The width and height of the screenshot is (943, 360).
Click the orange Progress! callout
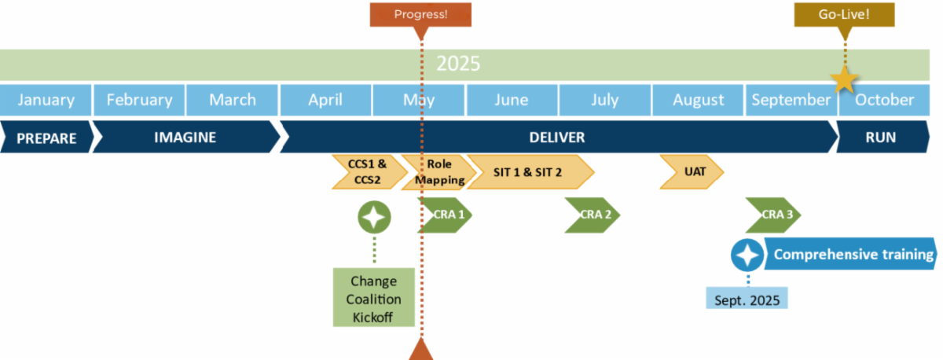pyautogui.click(x=420, y=14)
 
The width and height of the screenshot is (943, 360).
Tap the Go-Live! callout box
pyautogui.click(x=845, y=14)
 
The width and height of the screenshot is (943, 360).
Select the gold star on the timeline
pyautogui.click(x=844, y=79)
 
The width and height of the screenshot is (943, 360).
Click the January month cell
pyautogui.click(x=46, y=100)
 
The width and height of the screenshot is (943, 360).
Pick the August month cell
pyautogui.click(x=698, y=100)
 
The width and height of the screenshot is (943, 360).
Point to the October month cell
pyautogui.click(x=884, y=100)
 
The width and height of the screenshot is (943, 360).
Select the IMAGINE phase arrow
pyautogui.click(x=185, y=138)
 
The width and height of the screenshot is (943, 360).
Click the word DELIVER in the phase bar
pyautogui.click(x=556, y=138)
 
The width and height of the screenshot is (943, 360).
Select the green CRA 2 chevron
pyautogui.click(x=594, y=215)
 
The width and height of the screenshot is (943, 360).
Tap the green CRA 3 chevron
pyautogui.click(x=774, y=215)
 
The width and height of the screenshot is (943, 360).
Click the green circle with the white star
pyautogui.click(x=374, y=216)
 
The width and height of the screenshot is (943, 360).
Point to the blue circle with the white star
pyautogui.click(x=747, y=255)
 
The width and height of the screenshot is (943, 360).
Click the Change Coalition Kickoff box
pyautogui.click(x=373, y=298)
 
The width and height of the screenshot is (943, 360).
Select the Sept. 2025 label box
pyautogui.click(x=747, y=299)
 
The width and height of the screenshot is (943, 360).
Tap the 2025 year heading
pyautogui.click(x=458, y=64)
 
